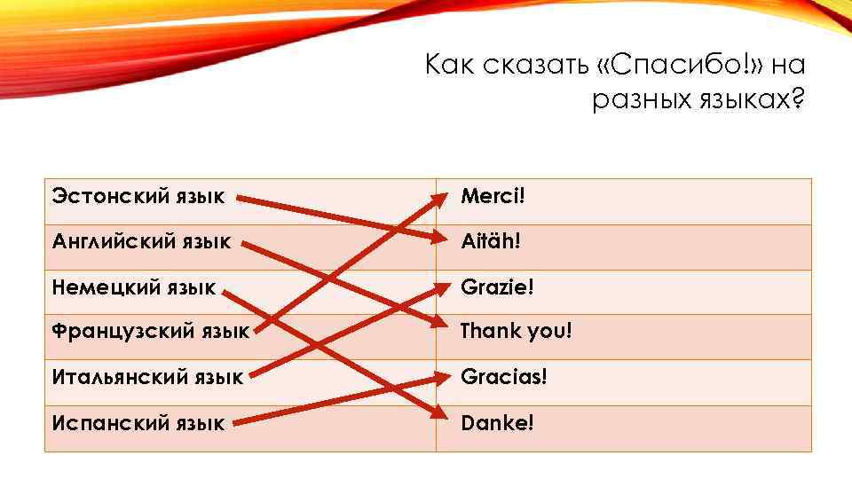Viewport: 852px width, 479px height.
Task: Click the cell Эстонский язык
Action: [x=138, y=195]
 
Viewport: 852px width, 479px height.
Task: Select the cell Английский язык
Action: [x=142, y=241]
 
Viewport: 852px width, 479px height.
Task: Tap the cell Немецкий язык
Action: [x=134, y=287]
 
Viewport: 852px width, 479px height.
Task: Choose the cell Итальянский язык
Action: [x=147, y=378]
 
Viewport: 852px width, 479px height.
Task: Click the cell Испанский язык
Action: [x=138, y=424]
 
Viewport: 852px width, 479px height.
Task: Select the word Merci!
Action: [x=493, y=195]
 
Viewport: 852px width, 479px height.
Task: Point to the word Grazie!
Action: [x=497, y=287]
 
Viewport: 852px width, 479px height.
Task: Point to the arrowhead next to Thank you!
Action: [x=440, y=326]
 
